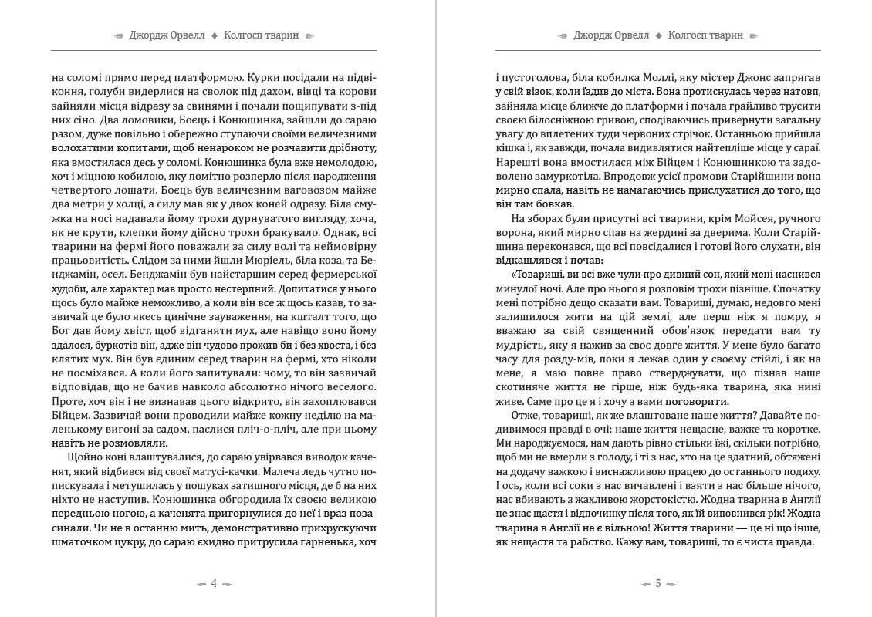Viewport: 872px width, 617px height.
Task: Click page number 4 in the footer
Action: click(214, 584)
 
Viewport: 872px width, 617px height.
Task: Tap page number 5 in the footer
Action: click(657, 584)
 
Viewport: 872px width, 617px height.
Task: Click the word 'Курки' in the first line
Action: click(262, 78)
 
